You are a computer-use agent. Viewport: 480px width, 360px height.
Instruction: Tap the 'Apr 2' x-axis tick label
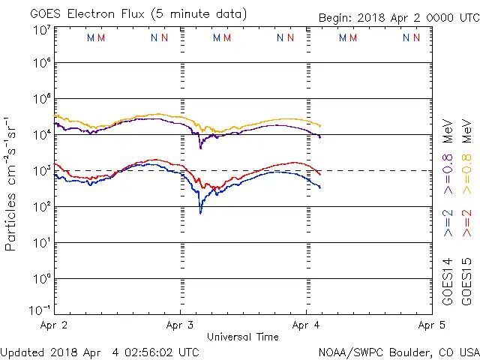(x=53, y=325)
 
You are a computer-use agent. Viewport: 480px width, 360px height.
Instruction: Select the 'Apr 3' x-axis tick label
(x=180, y=325)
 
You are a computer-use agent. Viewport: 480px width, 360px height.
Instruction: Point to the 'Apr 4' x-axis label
(x=306, y=325)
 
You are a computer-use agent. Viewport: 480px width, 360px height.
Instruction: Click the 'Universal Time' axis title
(x=242, y=337)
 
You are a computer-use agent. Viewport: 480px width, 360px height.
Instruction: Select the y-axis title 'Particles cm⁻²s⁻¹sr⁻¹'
(x=11, y=183)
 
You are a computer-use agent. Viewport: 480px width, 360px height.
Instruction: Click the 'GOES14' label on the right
(x=448, y=280)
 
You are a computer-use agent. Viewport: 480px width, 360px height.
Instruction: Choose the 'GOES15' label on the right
(x=466, y=280)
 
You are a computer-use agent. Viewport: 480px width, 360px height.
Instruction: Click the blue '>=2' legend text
(x=448, y=223)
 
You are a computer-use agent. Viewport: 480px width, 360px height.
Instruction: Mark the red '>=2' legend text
(x=466, y=223)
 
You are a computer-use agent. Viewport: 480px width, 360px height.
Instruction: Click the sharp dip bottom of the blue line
(x=200, y=213)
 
